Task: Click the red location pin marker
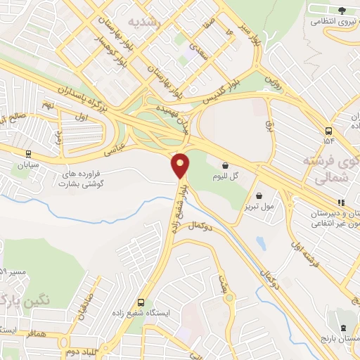[181, 165]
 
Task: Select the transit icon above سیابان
[27, 154]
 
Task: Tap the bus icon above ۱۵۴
[328, 131]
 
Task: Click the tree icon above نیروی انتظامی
[342, 10]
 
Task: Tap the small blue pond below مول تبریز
[262, 243]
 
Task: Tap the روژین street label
[271, 81]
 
